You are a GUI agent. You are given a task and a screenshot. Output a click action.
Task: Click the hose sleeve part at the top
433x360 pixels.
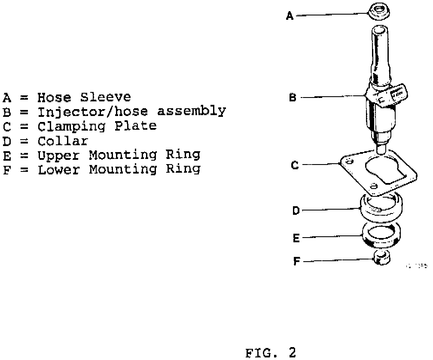[x=379, y=11]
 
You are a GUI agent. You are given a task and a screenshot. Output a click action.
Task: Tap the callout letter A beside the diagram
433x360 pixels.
[x=290, y=16]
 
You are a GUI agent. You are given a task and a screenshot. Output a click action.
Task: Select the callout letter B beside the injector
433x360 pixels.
[x=293, y=98]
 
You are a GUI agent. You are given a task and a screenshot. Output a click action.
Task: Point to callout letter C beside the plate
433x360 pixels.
[x=295, y=165]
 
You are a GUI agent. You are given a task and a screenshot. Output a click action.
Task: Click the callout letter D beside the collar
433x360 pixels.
[x=296, y=211]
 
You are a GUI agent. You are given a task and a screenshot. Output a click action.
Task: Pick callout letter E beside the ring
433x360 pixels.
[x=296, y=238]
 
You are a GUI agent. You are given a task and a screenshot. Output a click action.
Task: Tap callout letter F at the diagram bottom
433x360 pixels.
[x=296, y=261]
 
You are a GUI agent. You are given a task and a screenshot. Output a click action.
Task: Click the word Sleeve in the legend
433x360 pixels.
[x=105, y=97]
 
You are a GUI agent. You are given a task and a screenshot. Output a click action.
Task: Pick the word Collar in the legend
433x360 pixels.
[x=62, y=141]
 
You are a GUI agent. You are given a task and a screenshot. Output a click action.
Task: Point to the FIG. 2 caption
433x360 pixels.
[x=271, y=353]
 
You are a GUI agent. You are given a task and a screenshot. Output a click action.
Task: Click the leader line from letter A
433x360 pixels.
[x=331, y=15]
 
